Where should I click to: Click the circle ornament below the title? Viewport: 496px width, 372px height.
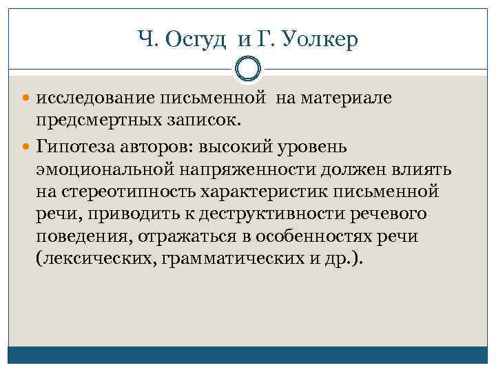click(248, 70)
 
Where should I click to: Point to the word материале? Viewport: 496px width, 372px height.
click(353, 99)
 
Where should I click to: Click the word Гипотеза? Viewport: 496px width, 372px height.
click(74, 146)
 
